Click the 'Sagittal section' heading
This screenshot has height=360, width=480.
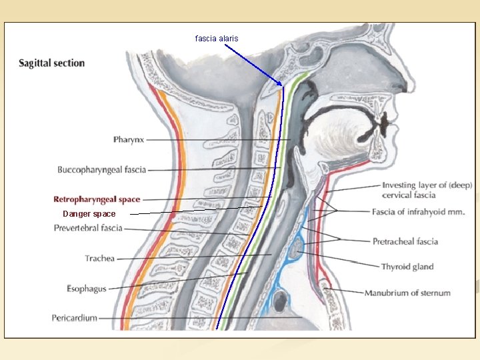point(52,63)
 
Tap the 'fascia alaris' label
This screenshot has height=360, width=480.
point(216,39)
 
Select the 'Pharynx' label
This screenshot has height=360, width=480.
point(129,140)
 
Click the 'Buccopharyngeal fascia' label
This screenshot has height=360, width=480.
point(102,170)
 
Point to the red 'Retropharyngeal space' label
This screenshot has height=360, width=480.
point(97,199)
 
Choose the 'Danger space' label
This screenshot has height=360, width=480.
point(89,214)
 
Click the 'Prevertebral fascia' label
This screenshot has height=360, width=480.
point(88,228)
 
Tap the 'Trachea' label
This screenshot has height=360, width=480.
point(100,258)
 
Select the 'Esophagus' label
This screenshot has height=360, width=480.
point(87,289)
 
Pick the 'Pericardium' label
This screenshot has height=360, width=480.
point(75,318)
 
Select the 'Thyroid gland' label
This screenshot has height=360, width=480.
point(407,267)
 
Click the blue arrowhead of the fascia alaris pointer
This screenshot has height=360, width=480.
point(281,85)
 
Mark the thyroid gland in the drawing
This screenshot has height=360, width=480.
point(294,251)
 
